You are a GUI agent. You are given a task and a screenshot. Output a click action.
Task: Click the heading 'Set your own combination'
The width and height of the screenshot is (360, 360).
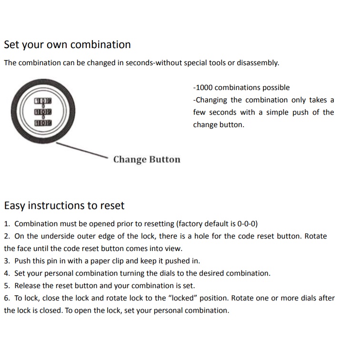click(67, 45)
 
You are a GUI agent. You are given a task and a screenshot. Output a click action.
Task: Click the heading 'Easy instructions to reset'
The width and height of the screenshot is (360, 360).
click(64, 206)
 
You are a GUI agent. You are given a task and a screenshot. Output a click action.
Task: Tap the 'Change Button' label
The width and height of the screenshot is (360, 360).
click(147, 160)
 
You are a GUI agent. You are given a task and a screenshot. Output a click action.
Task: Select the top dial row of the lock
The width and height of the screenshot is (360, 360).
click(43, 101)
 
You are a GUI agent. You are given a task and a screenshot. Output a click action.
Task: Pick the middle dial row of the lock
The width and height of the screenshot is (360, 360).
click(43, 112)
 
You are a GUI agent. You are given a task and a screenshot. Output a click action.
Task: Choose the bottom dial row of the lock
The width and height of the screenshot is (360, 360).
click(43, 123)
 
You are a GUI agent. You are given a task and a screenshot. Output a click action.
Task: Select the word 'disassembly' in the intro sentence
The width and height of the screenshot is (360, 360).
click(258, 63)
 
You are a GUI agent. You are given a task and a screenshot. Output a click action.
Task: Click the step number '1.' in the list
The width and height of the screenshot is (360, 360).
click(7, 224)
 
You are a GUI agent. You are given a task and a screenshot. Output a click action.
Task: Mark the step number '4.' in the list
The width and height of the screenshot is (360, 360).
click(7, 273)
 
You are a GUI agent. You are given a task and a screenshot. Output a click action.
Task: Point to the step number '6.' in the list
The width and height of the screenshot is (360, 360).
click(7, 298)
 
